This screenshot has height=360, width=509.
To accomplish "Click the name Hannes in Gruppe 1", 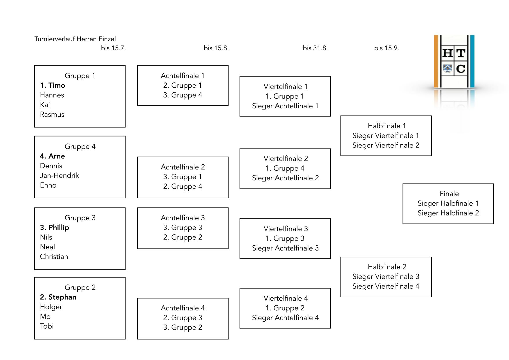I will coord(52,95).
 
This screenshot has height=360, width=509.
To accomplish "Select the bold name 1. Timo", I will coord(53,85).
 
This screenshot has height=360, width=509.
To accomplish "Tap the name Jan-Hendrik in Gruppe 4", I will coord(59,176).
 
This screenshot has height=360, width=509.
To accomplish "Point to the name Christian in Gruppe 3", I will coord(54,257).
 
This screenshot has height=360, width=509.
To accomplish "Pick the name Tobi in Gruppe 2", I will coord(47,326).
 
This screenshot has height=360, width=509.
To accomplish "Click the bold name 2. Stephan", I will coord(58,297).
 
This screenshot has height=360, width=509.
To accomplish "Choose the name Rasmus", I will coord(52,114).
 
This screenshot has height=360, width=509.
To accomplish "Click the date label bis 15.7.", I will coord(113,48).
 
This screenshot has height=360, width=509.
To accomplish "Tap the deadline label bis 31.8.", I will coord(315,48).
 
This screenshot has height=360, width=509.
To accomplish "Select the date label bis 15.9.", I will coord(387,48).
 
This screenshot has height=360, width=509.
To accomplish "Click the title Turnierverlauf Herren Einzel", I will coord(75,39).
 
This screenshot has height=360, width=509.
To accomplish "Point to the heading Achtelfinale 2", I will coord(183,167).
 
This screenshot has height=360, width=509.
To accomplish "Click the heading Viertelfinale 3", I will coord(286,229).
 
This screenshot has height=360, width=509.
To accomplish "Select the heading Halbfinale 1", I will coord(387,126).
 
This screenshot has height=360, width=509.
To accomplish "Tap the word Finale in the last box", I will coord(449,194).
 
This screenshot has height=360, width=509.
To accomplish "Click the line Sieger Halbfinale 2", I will coord(448,213).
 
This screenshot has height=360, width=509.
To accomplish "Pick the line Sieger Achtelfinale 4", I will coord(285,318).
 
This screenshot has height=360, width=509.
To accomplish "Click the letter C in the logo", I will coord(461,69).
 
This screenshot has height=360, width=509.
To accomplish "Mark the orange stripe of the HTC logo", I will coord(436,61).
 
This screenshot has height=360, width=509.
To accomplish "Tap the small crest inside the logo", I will coord(448,69).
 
